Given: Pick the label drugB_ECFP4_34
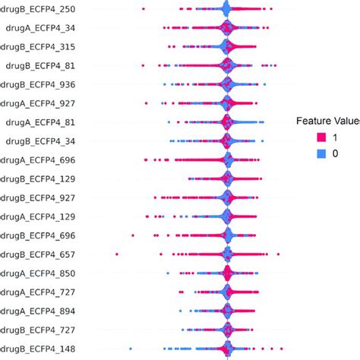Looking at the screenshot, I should (x=55, y=141).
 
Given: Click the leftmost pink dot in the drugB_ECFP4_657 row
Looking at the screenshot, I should (x=117, y=254).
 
